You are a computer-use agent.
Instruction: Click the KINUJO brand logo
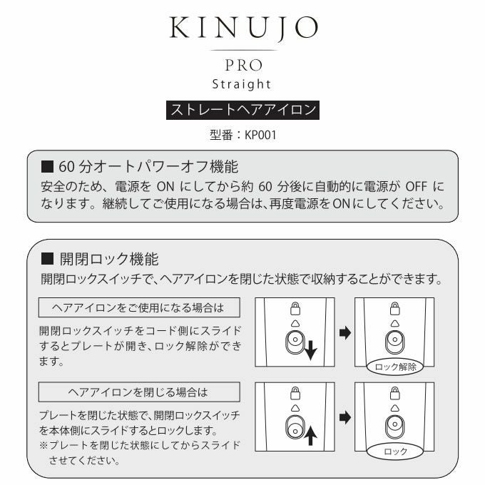click(x=242, y=29)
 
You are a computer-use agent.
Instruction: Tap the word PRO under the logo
click(x=242, y=65)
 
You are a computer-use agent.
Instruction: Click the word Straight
click(x=242, y=84)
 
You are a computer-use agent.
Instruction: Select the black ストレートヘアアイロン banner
click(x=242, y=111)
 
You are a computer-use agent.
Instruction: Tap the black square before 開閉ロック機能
click(x=48, y=258)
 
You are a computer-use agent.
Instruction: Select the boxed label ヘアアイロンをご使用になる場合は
click(x=138, y=307)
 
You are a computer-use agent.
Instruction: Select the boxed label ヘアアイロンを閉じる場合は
click(x=138, y=392)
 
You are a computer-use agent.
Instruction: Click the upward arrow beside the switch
click(x=310, y=434)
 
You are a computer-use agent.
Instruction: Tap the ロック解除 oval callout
click(x=394, y=368)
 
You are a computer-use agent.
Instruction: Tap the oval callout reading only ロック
click(x=394, y=451)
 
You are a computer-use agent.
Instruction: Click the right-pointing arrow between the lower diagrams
click(x=345, y=417)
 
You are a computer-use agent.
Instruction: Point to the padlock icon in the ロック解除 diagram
click(x=394, y=308)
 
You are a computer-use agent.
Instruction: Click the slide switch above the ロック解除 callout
click(x=394, y=340)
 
